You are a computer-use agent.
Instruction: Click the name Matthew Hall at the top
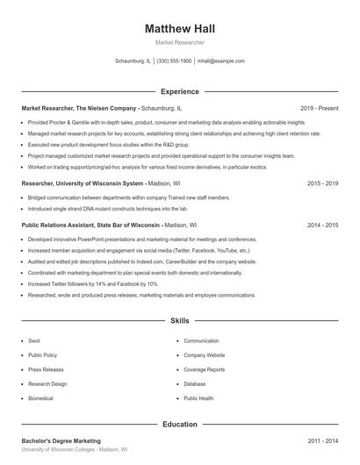tap(179, 28)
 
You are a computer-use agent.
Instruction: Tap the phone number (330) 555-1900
tap(174, 61)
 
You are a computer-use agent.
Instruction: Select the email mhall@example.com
tap(220, 61)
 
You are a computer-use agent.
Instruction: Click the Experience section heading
tap(179, 91)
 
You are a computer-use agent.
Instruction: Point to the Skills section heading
tap(179, 322)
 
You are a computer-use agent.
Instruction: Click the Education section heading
tap(179, 424)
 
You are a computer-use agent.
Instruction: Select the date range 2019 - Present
tap(319, 108)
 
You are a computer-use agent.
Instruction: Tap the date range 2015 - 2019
tap(323, 183)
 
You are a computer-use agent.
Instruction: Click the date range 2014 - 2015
tap(323, 225)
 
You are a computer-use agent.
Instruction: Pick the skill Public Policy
tap(43, 355)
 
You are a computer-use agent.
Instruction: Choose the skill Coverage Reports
tap(204, 369)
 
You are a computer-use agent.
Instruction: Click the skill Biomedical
tap(40, 397)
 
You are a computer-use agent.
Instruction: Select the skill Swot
tap(34, 340)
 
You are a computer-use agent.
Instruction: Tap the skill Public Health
tap(198, 397)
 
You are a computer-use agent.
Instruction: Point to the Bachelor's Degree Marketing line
tap(61, 440)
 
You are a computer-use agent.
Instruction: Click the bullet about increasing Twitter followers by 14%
tap(93, 284)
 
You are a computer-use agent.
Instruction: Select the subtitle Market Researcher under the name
tap(179, 42)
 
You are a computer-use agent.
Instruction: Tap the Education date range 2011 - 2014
tap(323, 440)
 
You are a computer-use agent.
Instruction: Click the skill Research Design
tap(47, 383)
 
